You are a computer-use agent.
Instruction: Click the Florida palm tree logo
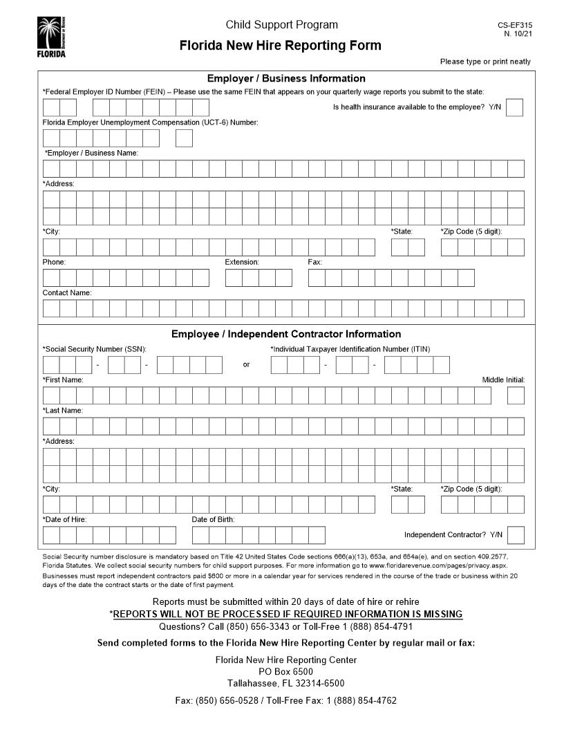click(x=51, y=37)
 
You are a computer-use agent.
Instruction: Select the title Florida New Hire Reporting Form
click(x=280, y=46)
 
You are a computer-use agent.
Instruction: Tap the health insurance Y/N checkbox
click(x=514, y=108)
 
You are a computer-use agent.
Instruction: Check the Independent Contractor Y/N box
click(x=516, y=535)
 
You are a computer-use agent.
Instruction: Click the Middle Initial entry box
click(x=516, y=395)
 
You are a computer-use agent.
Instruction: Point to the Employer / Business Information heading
click(x=286, y=79)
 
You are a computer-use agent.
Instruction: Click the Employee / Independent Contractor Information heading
click(x=286, y=334)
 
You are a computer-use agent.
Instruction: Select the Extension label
click(x=242, y=262)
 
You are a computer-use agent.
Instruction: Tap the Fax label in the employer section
click(x=315, y=262)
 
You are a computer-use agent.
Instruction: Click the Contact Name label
click(x=67, y=292)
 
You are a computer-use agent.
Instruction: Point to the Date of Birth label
click(x=213, y=519)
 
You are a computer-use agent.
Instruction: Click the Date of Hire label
click(x=65, y=519)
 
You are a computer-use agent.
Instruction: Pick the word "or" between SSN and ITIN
click(x=246, y=365)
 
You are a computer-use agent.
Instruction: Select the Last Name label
click(x=63, y=411)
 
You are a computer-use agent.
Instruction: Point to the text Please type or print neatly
click(x=485, y=62)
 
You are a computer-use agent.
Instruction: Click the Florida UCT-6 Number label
click(x=150, y=122)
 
